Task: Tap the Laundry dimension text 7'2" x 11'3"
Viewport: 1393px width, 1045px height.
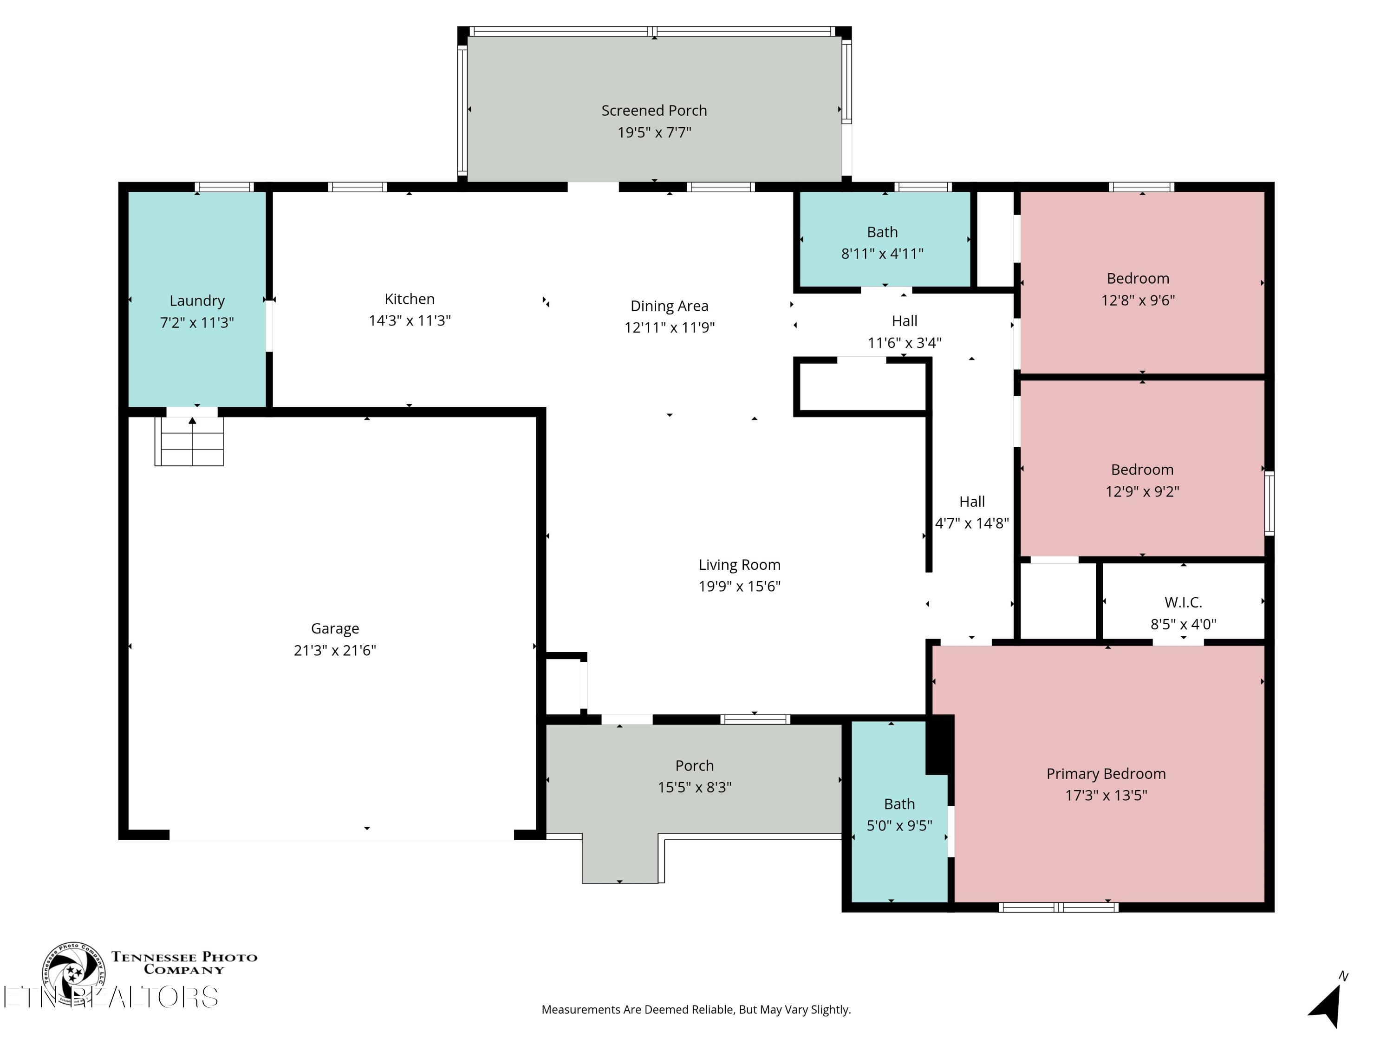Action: [x=197, y=322]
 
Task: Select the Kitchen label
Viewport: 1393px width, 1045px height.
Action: [x=410, y=299]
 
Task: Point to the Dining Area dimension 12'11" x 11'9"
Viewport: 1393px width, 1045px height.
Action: [x=670, y=327]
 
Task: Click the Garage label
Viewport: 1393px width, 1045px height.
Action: [x=335, y=629]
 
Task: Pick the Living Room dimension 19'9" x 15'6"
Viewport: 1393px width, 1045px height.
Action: [x=739, y=587]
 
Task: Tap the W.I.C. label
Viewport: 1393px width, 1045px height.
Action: [x=1183, y=603]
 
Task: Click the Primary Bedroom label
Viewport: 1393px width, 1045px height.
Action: [x=1106, y=774]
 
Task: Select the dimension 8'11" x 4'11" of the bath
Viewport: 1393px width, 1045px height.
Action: [x=882, y=254]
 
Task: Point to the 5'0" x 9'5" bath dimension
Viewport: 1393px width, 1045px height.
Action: [x=899, y=826]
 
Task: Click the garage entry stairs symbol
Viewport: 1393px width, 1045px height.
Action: [x=189, y=441]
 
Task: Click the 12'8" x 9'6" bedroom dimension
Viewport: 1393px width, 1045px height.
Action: [x=1138, y=300]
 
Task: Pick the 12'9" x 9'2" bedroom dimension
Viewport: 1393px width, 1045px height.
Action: [x=1142, y=492]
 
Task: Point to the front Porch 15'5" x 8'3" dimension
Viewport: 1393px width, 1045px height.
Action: [x=695, y=787]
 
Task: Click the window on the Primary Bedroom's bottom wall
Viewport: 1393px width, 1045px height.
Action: [x=1059, y=907]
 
